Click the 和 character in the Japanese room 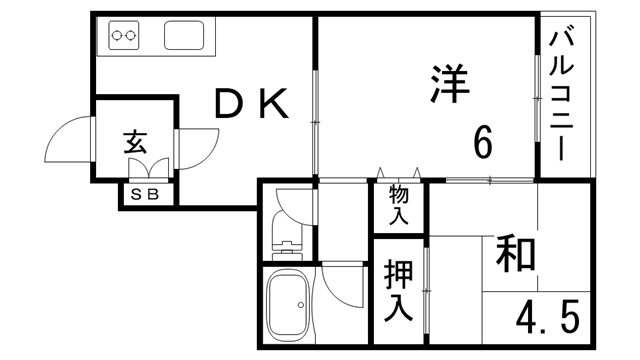[x=514, y=254]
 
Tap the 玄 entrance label [x=136, y=141]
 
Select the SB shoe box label [x=147, y=194]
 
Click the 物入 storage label [x=399, y=204]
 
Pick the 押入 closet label [x=398, y=291]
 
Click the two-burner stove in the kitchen [x=125, y=36]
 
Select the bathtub [x=292, y=304]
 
